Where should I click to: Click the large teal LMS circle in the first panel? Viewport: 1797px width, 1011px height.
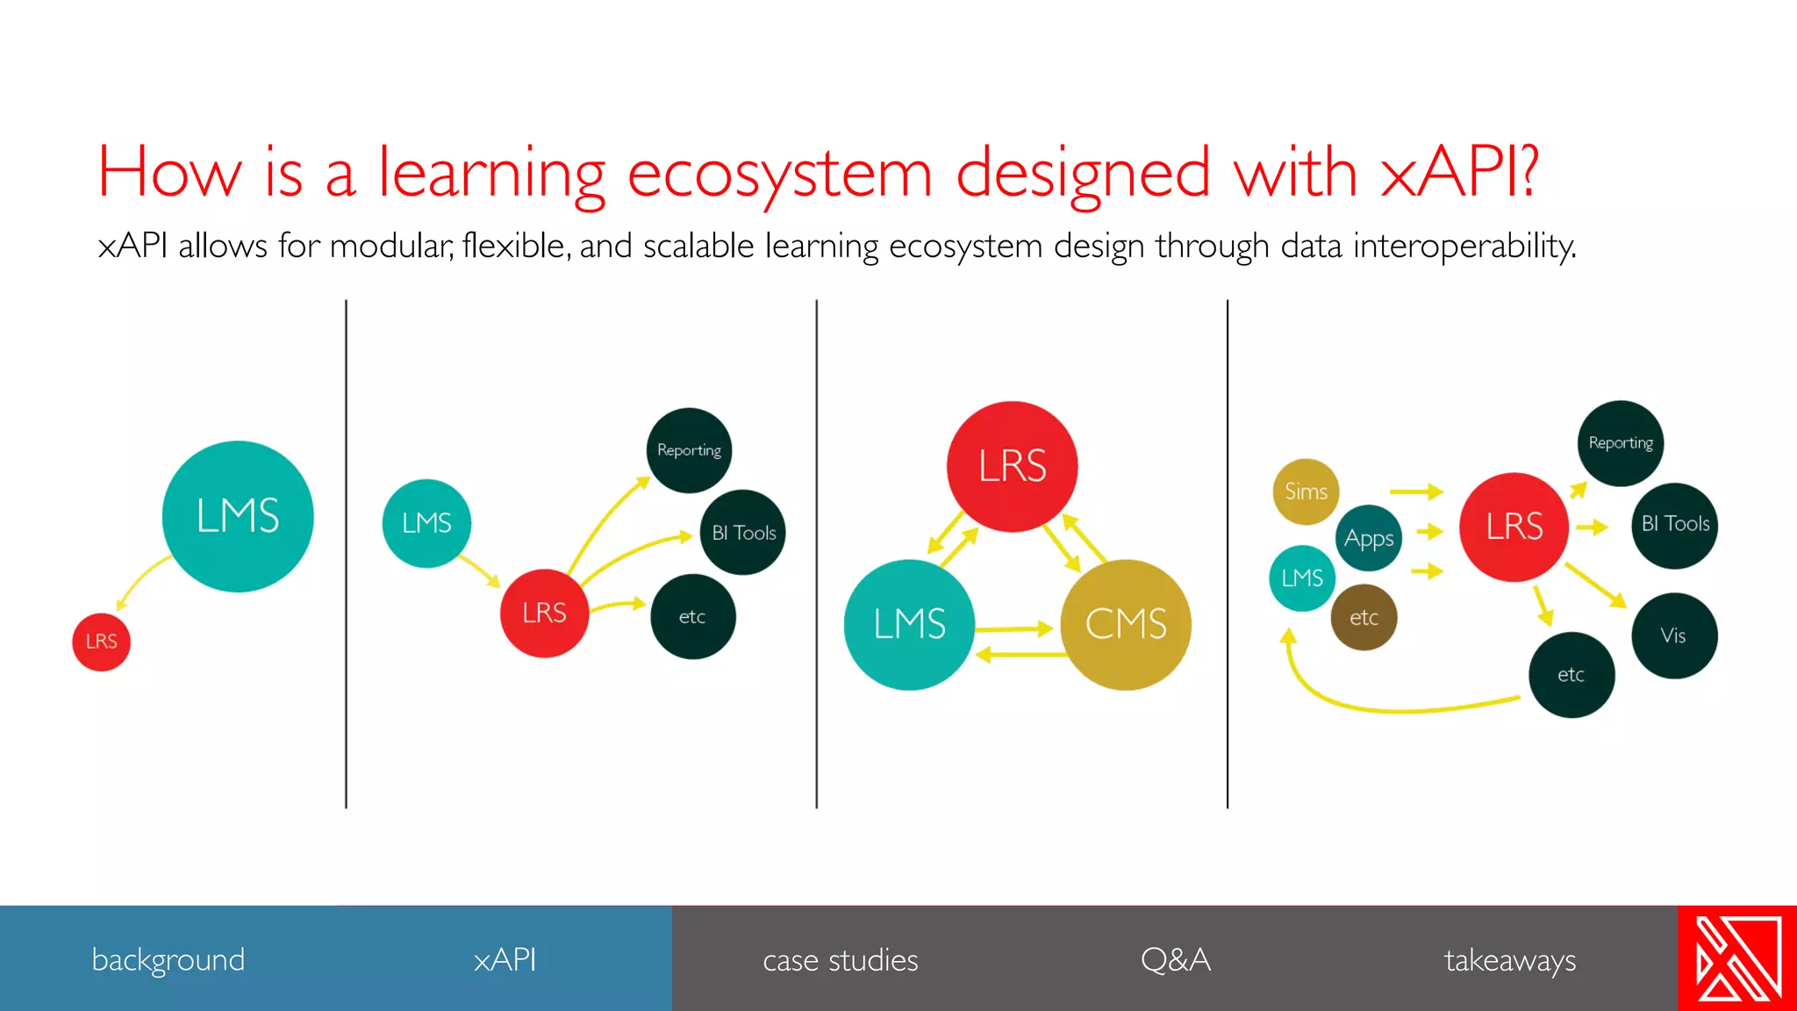[x=238, y=516]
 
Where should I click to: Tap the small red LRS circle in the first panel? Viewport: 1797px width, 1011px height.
[x=101, y=642]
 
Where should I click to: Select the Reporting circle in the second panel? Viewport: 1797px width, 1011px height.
[x=689, y=450]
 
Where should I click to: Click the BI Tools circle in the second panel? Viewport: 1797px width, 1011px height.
[x=743, y=533]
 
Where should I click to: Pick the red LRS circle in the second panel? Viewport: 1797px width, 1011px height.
[x=544, y=613]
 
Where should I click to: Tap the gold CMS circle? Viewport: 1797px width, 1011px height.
[x=1126, y=625]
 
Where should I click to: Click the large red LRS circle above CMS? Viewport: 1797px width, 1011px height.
[x=1012, y=466]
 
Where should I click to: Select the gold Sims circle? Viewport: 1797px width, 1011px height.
[x=1306, y=491]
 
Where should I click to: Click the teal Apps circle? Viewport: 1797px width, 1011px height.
[x=1369, y=538]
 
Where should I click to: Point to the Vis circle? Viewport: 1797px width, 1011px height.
[x=1674, y=635]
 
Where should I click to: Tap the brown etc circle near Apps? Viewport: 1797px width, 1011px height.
[x=1364, y=618]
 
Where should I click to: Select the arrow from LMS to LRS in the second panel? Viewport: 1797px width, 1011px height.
[x=479, y=570]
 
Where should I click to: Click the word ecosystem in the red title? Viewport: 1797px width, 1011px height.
[x=779, y=173]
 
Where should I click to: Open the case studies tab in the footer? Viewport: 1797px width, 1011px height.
[x=840, y=960]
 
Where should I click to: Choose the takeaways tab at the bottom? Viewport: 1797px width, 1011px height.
[x=1509, y=960]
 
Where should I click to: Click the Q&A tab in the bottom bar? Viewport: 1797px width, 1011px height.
[x=1175, y=960]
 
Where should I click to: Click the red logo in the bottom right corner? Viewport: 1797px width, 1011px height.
[x=1737, y=958]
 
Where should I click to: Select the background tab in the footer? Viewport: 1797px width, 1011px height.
[x=168, y=960]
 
